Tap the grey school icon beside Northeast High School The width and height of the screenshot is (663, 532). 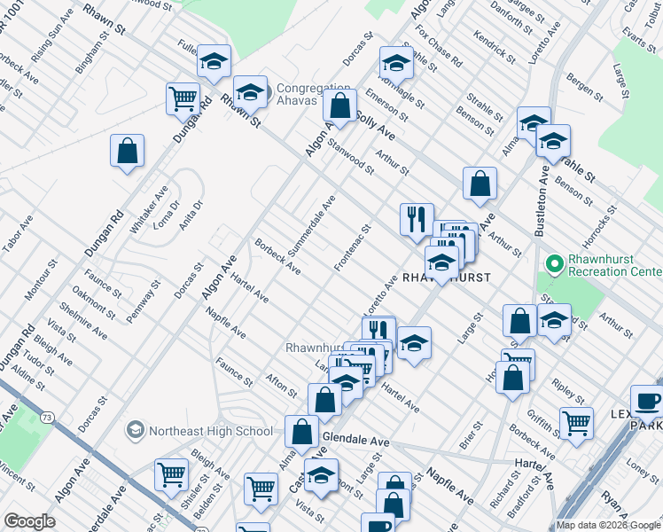(135, 431)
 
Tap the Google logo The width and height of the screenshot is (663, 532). (28, 521)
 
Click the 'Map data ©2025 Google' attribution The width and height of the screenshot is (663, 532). (608, 525)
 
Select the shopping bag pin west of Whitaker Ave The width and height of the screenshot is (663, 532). (128, 151)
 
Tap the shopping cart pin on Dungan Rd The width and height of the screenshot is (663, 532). (183, 98)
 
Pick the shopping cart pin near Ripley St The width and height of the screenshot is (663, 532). (576, 422)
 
